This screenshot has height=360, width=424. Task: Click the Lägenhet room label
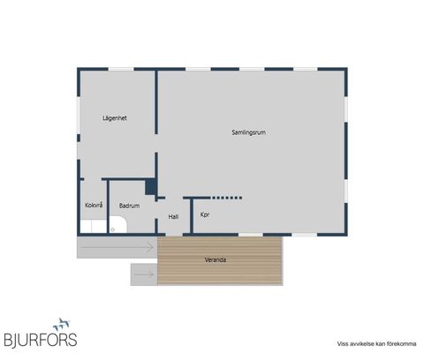click(x=115, y=118)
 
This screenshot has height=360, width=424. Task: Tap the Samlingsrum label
click(x=249, y=132)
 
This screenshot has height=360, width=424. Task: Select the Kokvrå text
click(x=94, y=205)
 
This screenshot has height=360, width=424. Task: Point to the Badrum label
click(x=129, y=206)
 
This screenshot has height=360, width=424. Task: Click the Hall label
click(x=173, y=217)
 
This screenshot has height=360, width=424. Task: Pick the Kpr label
click(x=205, y=214)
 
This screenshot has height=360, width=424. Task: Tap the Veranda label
click(x=216, y=259)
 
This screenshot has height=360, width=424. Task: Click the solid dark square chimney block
click(x=151, y=187)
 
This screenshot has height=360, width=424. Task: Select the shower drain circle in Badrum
click(x=112, y=229)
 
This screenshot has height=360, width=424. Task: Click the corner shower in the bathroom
click(x=117, y=225)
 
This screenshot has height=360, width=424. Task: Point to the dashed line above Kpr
click(x=227, y=198)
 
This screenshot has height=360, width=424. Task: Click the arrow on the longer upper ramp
click(x=117, y=247)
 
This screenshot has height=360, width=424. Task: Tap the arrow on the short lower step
click(x=144, y=274)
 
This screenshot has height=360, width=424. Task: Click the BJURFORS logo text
click(x=41, y=340)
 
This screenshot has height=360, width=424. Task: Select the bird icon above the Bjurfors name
click(x=62, y=324)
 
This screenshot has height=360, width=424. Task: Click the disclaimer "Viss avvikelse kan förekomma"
click(x=376, y=343)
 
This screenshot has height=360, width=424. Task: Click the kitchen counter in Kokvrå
click(x=94, y=227)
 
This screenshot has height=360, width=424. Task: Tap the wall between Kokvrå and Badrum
click(x=108, y=206)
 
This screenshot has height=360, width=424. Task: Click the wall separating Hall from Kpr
click(x=192, y=216)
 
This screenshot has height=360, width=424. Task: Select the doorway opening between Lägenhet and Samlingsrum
click(x=156, y=144)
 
